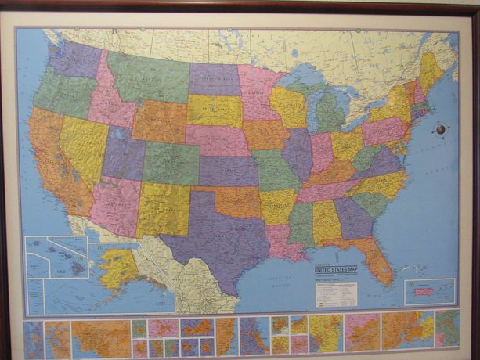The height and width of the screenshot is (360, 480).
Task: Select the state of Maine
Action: pyautogui.click(x=430, y=70)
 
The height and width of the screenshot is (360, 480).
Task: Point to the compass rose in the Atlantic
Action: pyautogui.click(x=441, y=128)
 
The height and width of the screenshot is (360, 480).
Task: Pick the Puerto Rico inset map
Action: pyautogui.click(x=429, y=292)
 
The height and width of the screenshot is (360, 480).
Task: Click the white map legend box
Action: pyautogui.click(x=336, y=293)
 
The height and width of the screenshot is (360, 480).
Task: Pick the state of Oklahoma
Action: pyautogui.click(x=235, y=199)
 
